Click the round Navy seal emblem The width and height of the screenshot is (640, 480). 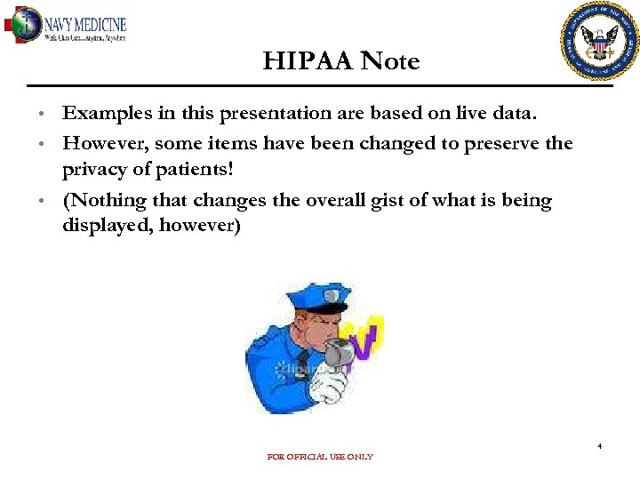point(598,41)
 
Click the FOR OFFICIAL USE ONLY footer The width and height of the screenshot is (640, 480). point(320,457)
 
